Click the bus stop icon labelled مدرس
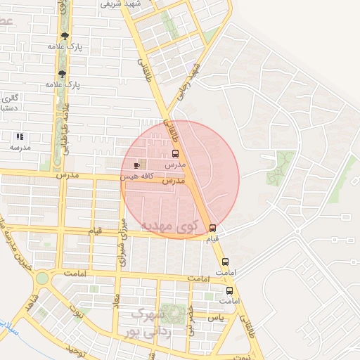(x=176, y=153)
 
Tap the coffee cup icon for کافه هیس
(x=136, y=165)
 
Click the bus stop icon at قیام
(x=213, y=228)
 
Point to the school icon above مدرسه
(x=20, y=136)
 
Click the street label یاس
(x=216, y=318)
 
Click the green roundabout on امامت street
(x=42, y=278)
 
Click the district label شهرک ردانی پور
(x=143, y=321)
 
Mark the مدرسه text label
(x=20, y=148)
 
